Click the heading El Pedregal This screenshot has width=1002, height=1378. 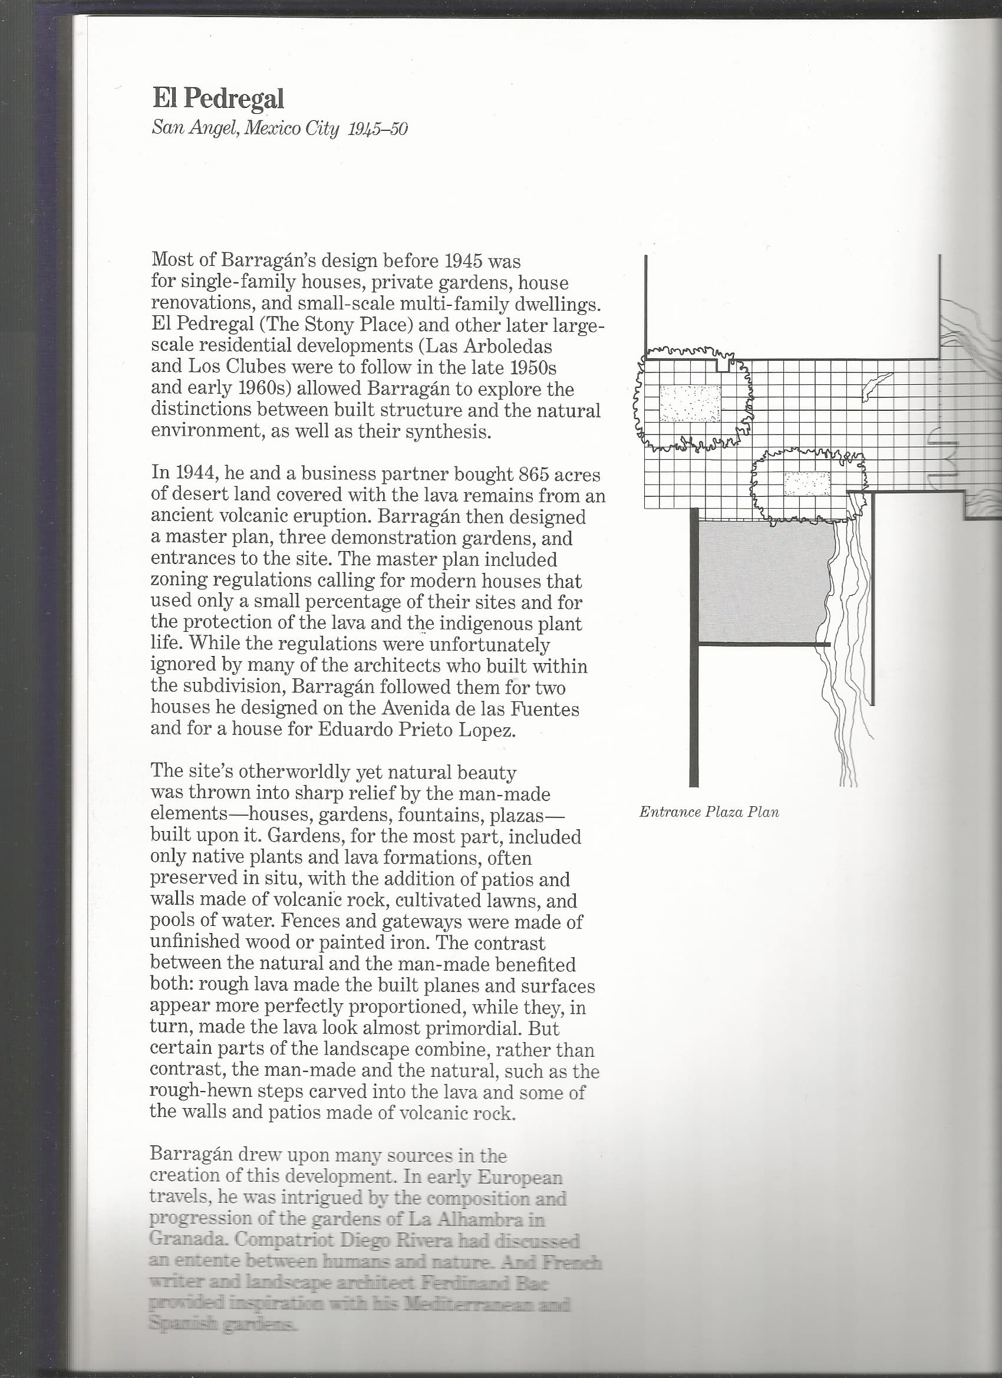click(217, 98)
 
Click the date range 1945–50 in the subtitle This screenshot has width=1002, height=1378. click(377, 129)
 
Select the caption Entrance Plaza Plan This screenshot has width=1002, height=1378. click(708, 812)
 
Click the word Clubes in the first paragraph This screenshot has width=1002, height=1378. click(255, 367)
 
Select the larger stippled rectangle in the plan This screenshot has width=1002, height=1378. click(690, 403)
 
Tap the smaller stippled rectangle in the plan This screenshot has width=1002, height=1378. click(807, 484)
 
